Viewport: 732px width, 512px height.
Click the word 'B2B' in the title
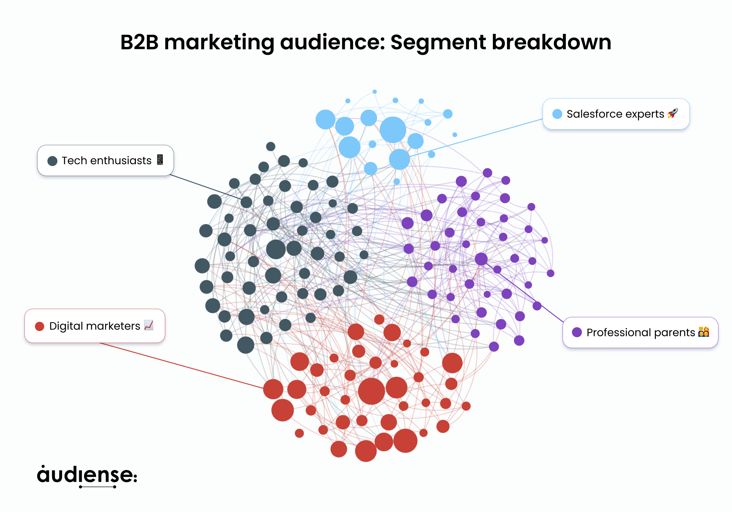139,42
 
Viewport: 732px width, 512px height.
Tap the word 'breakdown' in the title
551,42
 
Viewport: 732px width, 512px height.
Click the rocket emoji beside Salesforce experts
673,113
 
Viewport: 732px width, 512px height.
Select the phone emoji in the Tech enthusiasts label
160,160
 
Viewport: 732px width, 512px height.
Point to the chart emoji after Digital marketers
149,325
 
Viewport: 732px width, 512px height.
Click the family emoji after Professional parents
703,332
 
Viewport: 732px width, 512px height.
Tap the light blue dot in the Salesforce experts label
557,114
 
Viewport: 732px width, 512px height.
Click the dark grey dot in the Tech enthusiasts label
52,161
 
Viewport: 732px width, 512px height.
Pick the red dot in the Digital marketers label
40,326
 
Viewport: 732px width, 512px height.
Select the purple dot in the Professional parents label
577,332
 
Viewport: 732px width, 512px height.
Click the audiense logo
87,476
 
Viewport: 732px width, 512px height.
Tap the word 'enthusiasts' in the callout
121,161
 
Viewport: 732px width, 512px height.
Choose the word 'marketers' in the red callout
113,326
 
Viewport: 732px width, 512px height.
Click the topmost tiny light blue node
375,92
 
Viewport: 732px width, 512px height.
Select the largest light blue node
393,130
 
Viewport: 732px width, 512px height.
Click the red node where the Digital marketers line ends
273,389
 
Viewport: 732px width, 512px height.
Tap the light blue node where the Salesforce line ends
399,159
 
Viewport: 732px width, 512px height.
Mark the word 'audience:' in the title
332,42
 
